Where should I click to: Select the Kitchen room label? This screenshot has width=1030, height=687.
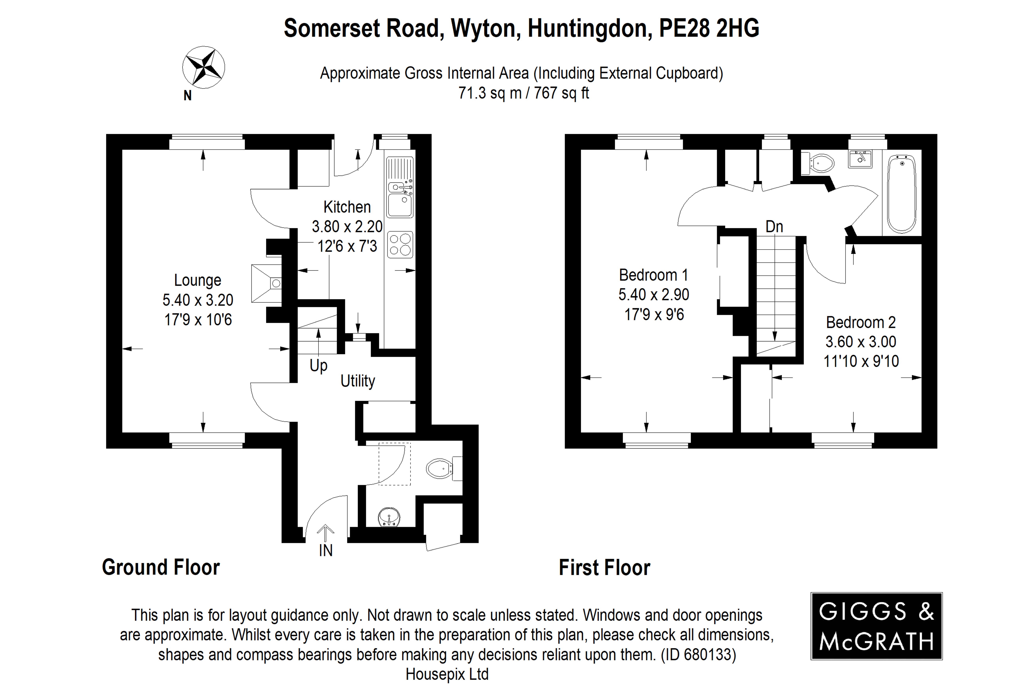(347, 207)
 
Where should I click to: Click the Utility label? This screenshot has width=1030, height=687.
(358, 381)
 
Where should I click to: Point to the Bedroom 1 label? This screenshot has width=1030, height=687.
(653, 275)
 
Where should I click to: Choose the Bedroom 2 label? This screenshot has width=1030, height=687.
(861, 322)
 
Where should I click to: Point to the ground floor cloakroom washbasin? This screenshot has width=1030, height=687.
(389, 517)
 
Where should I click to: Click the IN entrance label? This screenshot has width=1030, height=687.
(325, 550)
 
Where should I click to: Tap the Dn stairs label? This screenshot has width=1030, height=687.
(774, 226)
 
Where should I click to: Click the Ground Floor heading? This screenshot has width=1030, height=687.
(161, 567)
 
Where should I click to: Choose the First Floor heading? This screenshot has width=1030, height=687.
(604, 567)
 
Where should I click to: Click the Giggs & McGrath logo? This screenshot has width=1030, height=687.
(876, 626)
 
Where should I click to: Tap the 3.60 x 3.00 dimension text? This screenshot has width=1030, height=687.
(861, 342)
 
